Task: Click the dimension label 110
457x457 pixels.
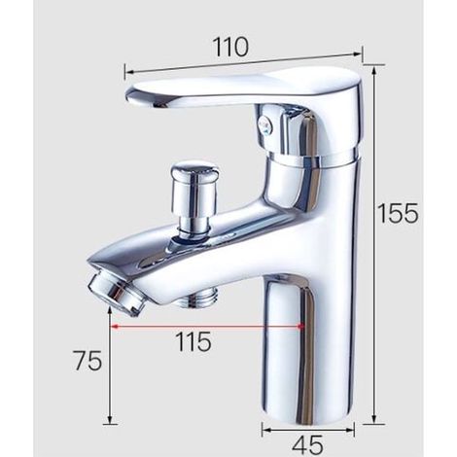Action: pos(230,48)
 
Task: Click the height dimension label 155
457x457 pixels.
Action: pos(399,213)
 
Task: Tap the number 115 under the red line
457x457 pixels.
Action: pos(193,342)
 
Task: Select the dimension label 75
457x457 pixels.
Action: pos(88,361)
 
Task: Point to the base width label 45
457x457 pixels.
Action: pos(307,444)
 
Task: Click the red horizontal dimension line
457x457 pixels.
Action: pos(206,327)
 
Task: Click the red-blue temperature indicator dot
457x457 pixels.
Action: pos(265,124)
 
